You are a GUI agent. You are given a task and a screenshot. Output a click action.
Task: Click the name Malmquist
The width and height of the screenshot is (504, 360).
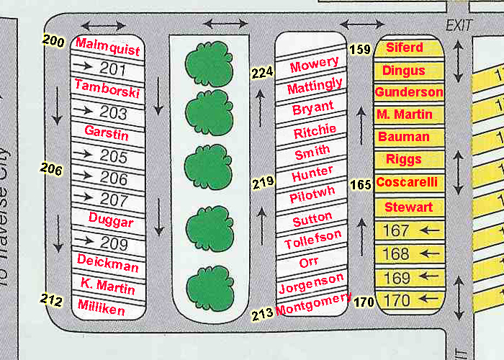(x=108, y=47)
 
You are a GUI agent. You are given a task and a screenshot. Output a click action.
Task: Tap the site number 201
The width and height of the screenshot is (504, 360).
(x=112, y=69)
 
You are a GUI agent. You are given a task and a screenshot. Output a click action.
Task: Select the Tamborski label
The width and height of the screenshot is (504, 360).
(x=107, y=89)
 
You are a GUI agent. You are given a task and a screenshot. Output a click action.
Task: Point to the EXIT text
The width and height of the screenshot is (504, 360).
(x=459, y=25)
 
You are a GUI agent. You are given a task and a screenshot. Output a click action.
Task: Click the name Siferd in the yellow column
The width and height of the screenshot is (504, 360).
(x=405, y=48)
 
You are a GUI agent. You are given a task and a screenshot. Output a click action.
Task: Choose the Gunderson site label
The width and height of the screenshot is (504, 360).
(x=409, y=92)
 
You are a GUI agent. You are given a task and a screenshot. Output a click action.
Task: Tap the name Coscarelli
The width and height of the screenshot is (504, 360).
(x=407, y=182)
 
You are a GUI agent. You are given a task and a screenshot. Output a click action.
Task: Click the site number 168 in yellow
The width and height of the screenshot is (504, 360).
(x=396, y=254)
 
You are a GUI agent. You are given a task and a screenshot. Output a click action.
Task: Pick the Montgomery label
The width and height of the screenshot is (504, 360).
(x=313, y=305)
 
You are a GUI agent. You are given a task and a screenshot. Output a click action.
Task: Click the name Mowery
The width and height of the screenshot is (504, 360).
(x=315, y=64)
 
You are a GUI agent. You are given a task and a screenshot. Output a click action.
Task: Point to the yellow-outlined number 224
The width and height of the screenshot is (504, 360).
(x=262, y=73)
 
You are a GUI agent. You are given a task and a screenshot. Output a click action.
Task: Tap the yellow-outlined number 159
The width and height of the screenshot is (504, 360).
(x=360, y=49)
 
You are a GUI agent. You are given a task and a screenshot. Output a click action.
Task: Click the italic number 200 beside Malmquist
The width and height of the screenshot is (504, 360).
(x=53, y=41)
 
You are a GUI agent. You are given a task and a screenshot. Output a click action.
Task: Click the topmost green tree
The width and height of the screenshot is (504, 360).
(x=210, y=63)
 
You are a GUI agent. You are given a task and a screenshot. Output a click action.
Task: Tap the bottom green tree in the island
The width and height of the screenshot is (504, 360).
(x=210, y=289)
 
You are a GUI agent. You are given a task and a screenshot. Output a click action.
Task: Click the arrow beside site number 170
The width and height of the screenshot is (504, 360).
(x=429, y=299)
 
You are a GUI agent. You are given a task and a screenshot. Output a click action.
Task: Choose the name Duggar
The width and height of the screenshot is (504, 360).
(x=111, y=220)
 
